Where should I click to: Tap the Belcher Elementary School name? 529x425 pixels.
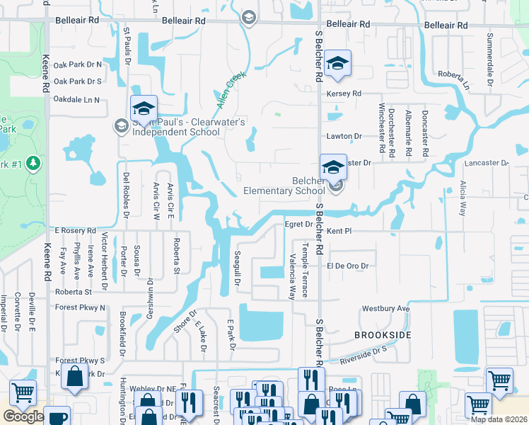point(284,186)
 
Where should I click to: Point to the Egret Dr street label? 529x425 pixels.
point(298,225)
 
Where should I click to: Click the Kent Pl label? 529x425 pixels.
point(339,232)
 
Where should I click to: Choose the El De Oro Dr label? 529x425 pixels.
point(348,266)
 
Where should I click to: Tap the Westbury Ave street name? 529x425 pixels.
point(386,309)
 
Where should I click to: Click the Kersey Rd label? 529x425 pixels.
point(344,93)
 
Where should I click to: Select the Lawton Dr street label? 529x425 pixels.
point(344,136)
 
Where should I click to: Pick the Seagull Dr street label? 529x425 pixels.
point(238,268)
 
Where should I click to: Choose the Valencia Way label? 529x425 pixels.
point(291,278)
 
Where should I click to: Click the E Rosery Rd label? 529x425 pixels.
point(75,231)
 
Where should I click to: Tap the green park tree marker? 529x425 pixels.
point(33,164)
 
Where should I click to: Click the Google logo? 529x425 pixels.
point(23,416)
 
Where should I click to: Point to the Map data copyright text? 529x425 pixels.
point(498,419)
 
